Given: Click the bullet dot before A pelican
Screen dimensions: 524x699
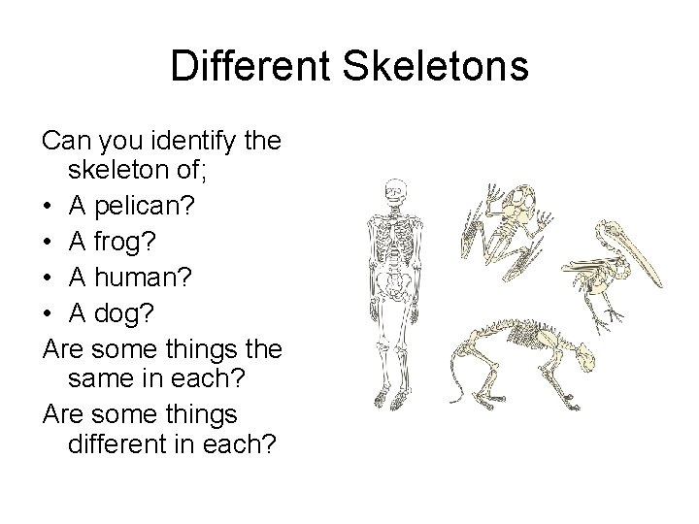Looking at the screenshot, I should click(x=48, y=205).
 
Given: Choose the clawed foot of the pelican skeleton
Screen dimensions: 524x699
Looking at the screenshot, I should click(x=613, y=315).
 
